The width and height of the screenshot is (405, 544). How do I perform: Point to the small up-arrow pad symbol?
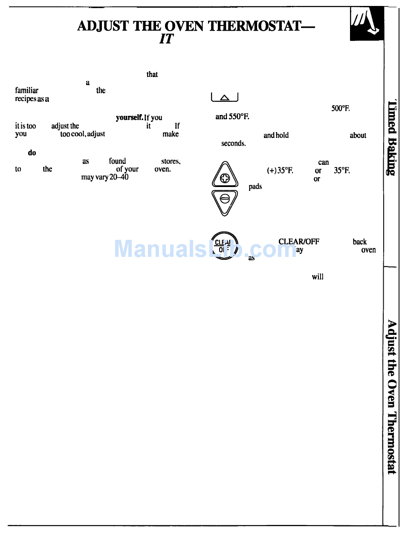tap(225, 98)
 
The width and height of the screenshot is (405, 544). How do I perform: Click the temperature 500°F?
tap(340, 109)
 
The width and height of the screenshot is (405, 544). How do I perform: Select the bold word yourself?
tap(129, 118)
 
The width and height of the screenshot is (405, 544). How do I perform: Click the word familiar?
tap(26, 90)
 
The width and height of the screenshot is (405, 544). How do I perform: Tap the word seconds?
tap(233, 144)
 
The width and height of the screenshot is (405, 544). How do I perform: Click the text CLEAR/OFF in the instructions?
tap(298, 242)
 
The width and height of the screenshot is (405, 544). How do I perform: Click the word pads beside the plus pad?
tap(255, 187)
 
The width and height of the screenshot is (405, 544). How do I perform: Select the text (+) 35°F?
tap(280, 171)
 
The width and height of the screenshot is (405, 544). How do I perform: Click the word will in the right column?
tap(317, 276)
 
